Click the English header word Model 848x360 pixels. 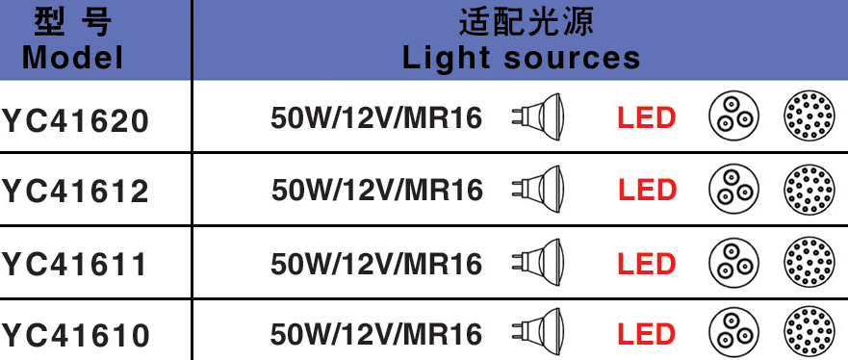coord(73,58)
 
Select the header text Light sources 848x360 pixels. coord(521,58)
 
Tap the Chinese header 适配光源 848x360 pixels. coord(521,22)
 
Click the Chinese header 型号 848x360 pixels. coord(73,22)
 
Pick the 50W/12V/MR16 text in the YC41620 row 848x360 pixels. coord(376,118)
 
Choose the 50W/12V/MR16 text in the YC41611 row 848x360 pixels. coord(376,263)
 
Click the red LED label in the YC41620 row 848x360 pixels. coord(647,118)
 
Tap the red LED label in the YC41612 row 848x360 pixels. coord(647,190)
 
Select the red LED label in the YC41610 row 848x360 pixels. coord(647,335)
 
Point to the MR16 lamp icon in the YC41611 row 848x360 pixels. coord(538,262)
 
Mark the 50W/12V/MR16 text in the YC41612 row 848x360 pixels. coord(376,190)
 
